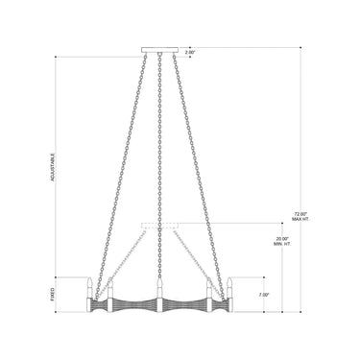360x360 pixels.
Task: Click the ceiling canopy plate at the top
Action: click(159, 50)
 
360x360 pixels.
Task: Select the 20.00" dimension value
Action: click(282, 239)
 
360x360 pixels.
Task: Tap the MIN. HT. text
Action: click(282, 246)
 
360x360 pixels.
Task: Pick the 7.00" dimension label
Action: click(265, 295)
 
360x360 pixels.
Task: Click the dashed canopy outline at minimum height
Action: click(159, 227)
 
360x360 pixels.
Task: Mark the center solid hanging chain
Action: click(159, 163)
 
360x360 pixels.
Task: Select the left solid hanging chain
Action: click(125, 163)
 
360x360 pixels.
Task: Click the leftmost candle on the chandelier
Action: click(92, 286)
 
